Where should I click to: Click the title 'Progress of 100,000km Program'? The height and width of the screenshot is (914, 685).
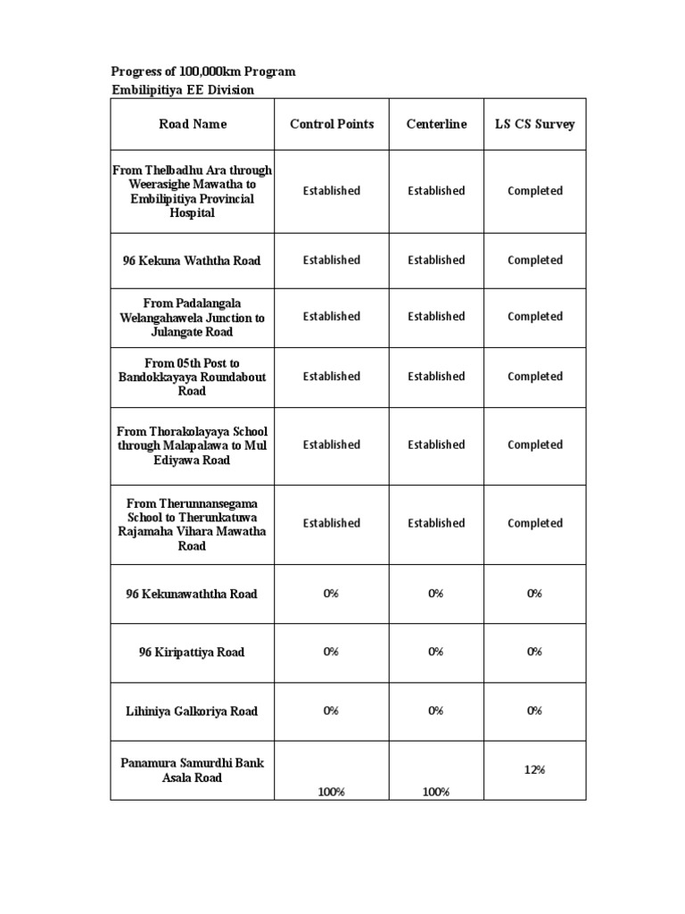click(x=202, y=71)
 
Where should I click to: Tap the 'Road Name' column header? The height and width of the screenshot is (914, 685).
click(x=193, y=124)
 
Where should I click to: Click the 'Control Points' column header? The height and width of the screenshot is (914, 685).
click(x=332, y=124)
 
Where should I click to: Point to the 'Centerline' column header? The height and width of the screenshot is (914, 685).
click(x=436, y=124)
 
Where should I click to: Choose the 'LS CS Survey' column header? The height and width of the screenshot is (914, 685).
click(x=535, y=124)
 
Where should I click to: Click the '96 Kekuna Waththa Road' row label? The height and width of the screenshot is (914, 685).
click(x=192, y=261)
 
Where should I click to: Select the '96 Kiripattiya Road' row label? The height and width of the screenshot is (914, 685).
click(x=192, y=652)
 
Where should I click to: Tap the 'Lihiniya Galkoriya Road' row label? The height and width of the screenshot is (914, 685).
click(x=192, y=711)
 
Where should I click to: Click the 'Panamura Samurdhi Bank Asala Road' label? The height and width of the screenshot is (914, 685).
click(x=192, y=770)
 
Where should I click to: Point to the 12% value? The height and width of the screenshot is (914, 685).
click(x=535, y=769)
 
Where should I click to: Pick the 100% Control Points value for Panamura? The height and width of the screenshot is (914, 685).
click(x=331, y=792)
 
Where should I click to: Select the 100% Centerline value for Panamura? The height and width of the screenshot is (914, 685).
click(x=436, y=792)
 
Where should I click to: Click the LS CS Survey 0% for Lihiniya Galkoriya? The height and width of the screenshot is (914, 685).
click(x=535, y=711)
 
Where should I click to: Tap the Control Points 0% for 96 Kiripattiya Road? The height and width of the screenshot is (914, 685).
click(x=331, y=652)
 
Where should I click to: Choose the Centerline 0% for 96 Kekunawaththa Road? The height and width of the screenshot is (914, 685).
click(x=436, y=594)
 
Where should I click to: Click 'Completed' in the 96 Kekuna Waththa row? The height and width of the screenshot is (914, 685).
click(x=535, y=261)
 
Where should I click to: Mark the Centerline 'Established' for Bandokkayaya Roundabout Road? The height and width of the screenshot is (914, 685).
click(x=436, y=377)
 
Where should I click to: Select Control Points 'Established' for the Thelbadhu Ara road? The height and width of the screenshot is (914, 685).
click(x=331, y=191)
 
